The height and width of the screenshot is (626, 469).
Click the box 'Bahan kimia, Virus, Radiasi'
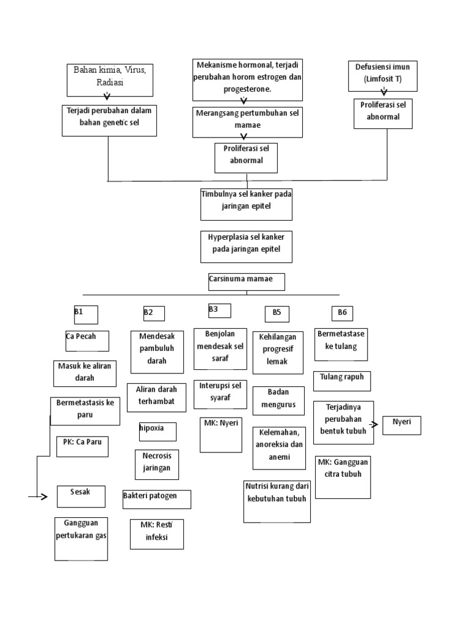110,79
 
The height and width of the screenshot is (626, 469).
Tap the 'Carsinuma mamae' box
246,282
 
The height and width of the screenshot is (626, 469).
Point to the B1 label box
85,314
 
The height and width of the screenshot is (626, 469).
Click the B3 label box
219,311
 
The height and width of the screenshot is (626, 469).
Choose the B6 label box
343,314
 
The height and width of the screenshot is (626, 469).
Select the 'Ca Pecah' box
87,341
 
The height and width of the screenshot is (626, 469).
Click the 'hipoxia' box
158,431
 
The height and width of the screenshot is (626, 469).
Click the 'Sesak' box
81,496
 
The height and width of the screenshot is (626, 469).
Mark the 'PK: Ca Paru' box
82,446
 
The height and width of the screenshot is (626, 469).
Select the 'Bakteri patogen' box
156,499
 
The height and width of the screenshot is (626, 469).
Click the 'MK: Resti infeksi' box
156,534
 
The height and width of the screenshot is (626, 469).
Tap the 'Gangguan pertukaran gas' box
81,538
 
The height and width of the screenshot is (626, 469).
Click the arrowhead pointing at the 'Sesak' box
44,497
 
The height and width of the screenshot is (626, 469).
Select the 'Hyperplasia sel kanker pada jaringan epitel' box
246,246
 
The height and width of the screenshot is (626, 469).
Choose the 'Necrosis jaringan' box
158,464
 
